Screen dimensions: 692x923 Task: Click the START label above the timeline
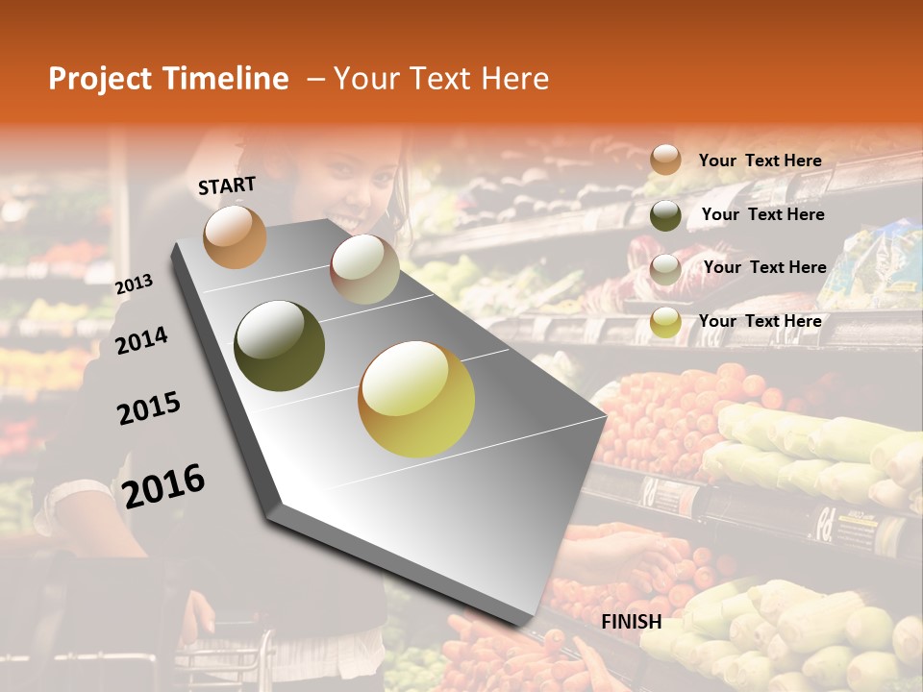click(227, 185)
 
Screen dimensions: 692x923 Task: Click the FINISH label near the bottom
click(632, 622)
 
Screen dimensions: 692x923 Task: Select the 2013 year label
click(135, 284)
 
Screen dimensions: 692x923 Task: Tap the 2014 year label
click(141, 340)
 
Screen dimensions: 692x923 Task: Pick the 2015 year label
click(149, 408)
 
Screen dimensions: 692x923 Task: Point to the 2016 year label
click(163, 485)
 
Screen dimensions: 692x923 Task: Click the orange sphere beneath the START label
click(235, 236)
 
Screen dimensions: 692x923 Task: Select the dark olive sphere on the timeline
click(280, 345)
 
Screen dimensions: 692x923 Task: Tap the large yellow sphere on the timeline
click(416, 399)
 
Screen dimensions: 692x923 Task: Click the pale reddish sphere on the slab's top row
click(364, 269)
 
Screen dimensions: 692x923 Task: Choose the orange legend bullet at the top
click(665, 161)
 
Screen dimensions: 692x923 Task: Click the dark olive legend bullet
click(665, 215)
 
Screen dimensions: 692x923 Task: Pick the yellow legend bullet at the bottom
click(665, 323)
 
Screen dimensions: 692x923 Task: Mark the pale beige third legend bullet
click(665, 269)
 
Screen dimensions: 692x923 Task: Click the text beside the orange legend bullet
click(760, 161)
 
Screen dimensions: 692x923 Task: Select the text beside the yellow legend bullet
click(760, 321)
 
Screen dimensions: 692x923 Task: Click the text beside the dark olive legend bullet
click(762, 214)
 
